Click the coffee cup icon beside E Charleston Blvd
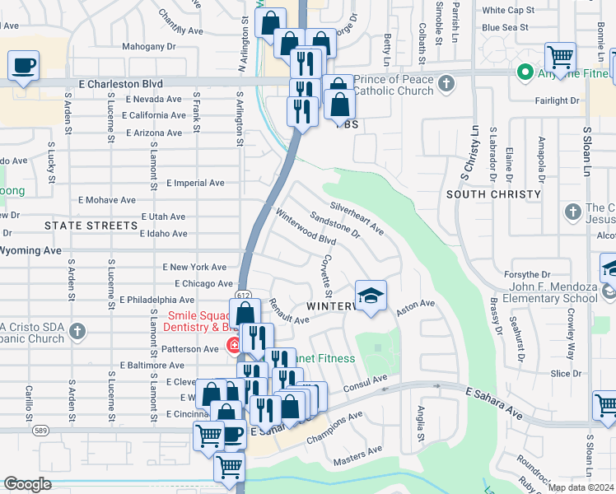(x=24, y=65)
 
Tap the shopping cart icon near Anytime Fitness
(x=560, y=58)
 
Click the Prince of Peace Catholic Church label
(x=394, y=84)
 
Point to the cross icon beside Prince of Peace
(x=446, y=83)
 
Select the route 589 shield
(x=40, y=430)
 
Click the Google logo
(x=27, y=484)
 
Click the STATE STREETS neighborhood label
(x=91, y=225)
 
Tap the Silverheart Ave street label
(x=357, y=217)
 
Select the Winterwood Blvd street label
(x=305, y=227)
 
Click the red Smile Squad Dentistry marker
(x=234, y=344)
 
